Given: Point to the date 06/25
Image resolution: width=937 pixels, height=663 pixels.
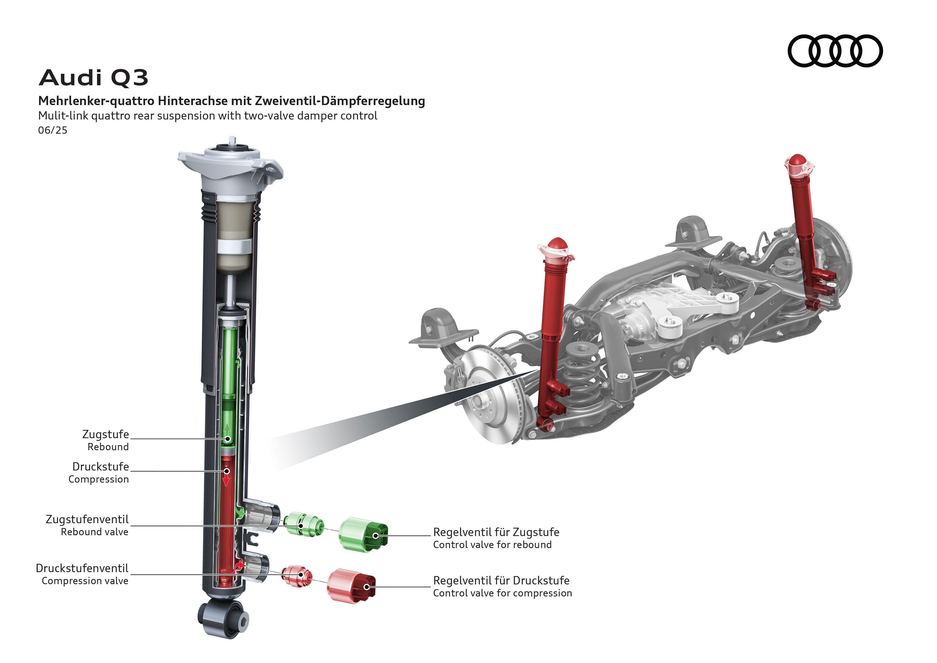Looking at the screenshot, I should pyautogui.click(x=53, y=130).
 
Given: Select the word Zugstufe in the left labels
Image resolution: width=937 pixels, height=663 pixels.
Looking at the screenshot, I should pyautogui.click(x=105, y=434).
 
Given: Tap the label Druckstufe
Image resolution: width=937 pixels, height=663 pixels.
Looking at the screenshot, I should pyautogui.click(x=100, y=467).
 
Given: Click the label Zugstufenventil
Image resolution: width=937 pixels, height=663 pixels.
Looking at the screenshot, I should pyautogui.click(x=87, y=519).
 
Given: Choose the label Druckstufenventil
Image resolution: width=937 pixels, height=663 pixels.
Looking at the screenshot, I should pyautogui.click(x=82, y=568).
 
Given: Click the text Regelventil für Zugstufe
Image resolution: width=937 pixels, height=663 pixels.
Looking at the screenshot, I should pyautogui.click(x=496, y=532).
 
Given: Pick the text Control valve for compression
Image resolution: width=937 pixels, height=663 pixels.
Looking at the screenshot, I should pyautogui.click(x=502, y=593).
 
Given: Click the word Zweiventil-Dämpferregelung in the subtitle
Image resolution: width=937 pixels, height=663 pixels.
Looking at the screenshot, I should pyautogui.click(x=340, y=101).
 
